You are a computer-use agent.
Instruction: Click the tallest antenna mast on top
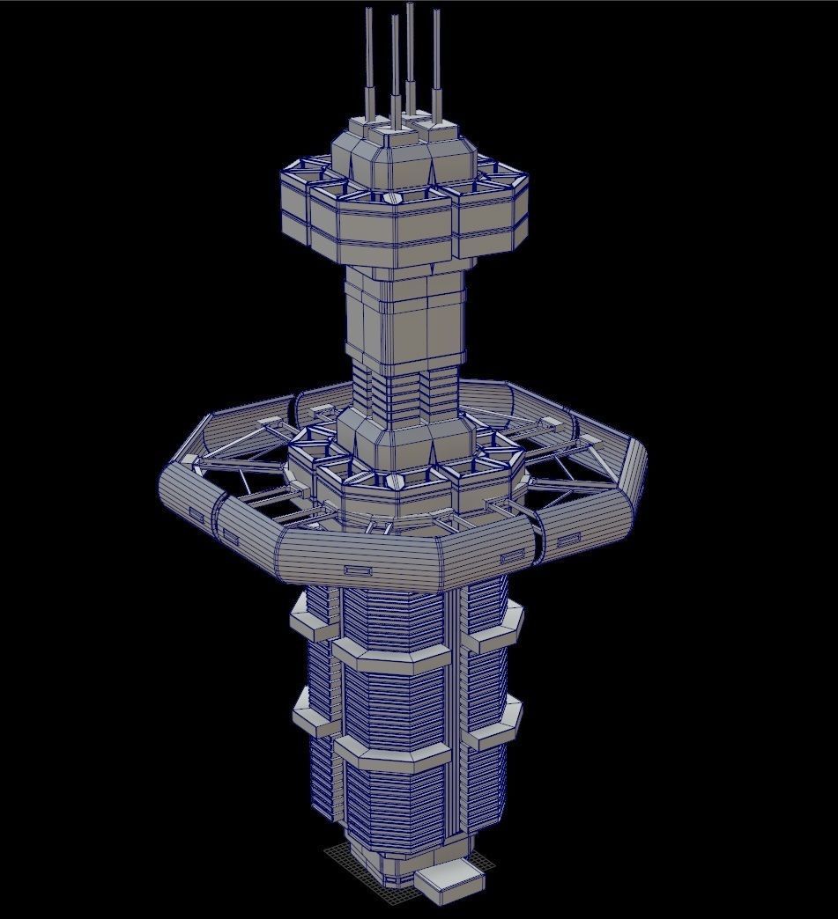click(x=411, y=53)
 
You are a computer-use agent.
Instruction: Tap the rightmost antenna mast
click(x=435, y=62)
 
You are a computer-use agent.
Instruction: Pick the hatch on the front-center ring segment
click(x=359, y=571)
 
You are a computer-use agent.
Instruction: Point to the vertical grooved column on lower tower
click(x=456, y=704)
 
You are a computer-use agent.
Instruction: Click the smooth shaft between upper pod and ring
click(x=404, y=317)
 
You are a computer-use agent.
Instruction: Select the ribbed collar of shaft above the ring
click(x=404, y=392)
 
